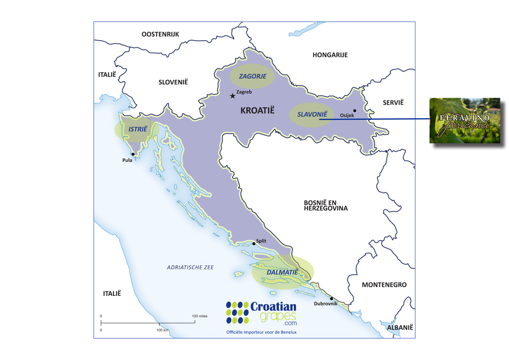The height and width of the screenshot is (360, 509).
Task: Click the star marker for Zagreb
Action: point(233,96)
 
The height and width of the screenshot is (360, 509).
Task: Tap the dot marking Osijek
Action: point(355,110)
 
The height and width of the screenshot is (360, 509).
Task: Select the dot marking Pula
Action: point(133,154)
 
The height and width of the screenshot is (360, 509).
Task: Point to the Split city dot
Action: point(254,243)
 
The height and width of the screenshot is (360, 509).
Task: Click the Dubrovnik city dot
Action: point(331,298)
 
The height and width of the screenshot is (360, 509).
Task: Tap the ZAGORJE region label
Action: point(251,76)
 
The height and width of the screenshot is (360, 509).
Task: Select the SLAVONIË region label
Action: point(312,115)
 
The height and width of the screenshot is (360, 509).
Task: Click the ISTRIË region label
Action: point(137,129)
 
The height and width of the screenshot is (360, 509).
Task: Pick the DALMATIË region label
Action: point(282,272)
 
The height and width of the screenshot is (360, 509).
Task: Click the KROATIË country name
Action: point(257,110)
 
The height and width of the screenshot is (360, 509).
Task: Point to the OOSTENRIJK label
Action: point(160,34)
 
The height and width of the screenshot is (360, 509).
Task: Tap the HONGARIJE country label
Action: point(330,54)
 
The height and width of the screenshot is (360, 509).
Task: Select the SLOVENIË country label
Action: point(173,81)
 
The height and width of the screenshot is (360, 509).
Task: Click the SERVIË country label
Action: point(393,102)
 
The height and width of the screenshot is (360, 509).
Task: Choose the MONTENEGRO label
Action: point(384,285)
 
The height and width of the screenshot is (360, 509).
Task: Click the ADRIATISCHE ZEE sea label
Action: point(190,267)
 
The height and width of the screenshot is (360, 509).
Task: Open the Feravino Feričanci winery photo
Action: point(465,121)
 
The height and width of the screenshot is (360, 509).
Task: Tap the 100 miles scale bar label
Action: point(200,316)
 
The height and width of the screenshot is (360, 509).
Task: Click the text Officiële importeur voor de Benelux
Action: point(261,332)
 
